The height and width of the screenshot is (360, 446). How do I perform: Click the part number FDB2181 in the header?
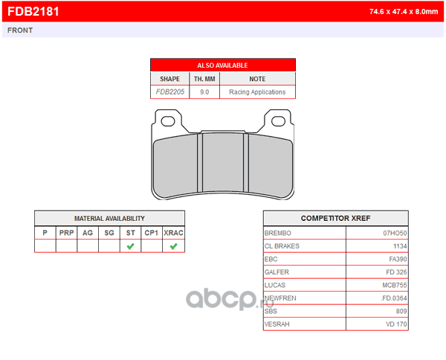click(x=33, y=11)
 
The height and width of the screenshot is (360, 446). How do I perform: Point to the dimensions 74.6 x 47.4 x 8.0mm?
click(x=404, y=12)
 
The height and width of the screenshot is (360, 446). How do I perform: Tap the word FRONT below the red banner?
click(x=20, y=30)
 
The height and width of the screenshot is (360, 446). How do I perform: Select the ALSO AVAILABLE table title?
click(x=222, y=65)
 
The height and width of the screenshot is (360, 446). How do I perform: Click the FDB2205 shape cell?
click(x=170, y=92)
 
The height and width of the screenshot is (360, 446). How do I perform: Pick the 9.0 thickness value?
click(x=204, y=92)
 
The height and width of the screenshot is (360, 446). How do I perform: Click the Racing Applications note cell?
click(x=257, y=92)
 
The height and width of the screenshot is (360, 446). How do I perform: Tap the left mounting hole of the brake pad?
click(x=168, y=121)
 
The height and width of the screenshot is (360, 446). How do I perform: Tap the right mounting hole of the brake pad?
click(x=278, y=121)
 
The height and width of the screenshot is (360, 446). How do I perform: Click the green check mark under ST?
click(x=131, y=246)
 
